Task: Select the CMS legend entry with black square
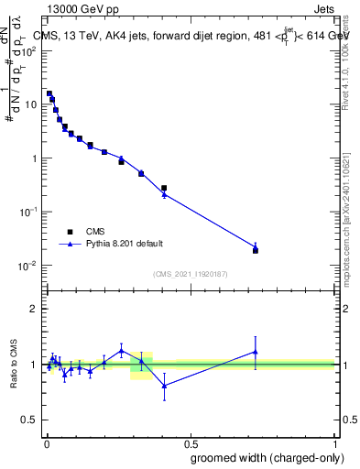(82, 232)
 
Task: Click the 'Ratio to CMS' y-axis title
(15, 365)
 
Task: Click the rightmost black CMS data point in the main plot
(256, 250)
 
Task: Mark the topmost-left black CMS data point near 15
(49, 93)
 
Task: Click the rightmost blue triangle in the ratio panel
(256, 351)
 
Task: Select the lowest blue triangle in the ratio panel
(164, 386)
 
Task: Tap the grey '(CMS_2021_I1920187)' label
(190, 274)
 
